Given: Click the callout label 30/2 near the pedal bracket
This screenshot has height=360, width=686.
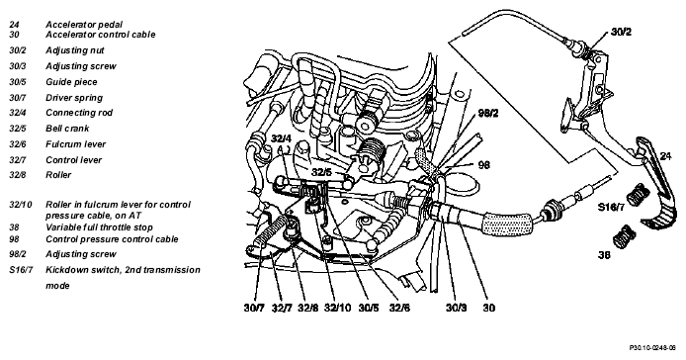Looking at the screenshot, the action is tap(621, 32).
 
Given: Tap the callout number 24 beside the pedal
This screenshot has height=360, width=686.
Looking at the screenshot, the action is tap(665, 156).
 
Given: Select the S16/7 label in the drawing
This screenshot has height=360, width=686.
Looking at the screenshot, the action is tap(612, 207).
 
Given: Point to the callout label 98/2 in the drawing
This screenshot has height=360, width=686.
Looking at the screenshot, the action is tap(488, 113).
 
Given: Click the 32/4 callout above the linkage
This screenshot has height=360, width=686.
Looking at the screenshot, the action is tap(281, 138).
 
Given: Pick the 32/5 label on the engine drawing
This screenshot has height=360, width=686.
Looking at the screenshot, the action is tap(321, 172).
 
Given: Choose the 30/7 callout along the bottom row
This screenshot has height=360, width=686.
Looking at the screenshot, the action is tap(254, 308).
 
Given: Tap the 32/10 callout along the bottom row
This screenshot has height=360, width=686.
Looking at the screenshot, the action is tap(337, 308).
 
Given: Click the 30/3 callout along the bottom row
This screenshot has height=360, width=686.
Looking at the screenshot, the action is tap(457, 308).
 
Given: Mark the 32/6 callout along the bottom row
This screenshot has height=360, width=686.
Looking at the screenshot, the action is tap(400, 308).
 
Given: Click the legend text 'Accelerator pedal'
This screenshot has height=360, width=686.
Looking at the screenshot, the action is tap(84, 25).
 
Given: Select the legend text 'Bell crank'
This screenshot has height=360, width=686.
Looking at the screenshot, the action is tap(67, 129).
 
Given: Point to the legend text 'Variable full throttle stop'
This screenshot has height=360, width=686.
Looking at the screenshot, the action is tap(99, 227).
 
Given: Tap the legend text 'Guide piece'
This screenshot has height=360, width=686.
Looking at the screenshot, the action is tap(71, 82).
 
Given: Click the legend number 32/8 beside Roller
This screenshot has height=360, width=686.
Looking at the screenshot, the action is tap(18, 175).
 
